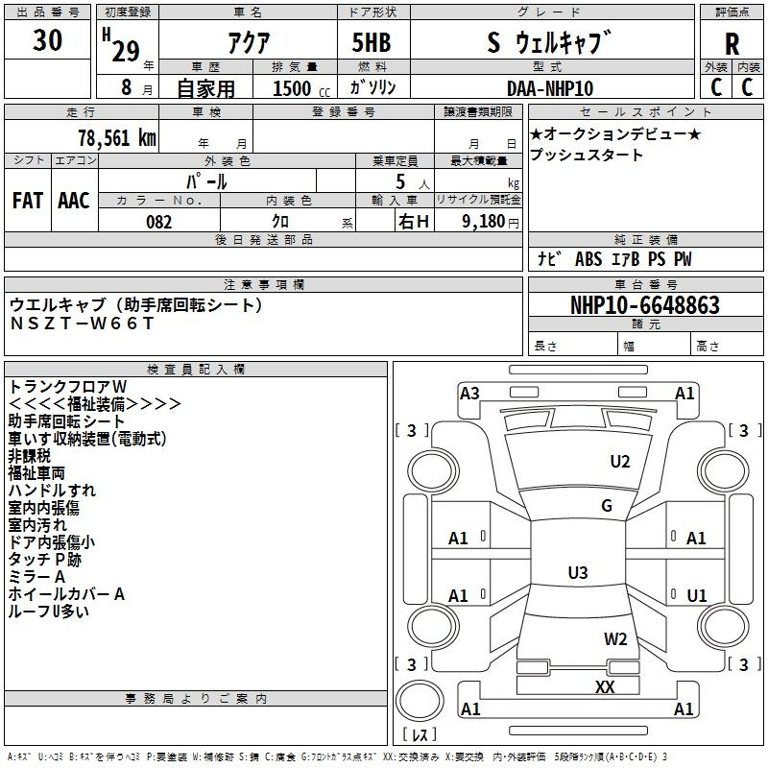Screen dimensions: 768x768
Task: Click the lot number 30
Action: coord(47,39)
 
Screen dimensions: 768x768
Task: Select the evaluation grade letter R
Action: coord(732,44)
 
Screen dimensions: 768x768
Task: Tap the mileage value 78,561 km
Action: coord(117,138)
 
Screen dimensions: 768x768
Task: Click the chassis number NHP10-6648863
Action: coord(645,305)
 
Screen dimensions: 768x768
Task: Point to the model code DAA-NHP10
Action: coord(550,88)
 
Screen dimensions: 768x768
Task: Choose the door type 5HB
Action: coord(372,42)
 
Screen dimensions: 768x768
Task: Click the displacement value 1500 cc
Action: coord(301,88)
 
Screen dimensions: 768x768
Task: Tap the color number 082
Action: coord(159,222)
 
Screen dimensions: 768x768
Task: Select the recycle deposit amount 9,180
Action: coord(484,222)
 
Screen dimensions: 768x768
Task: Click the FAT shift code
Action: coord(28,201)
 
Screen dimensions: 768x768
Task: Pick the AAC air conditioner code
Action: coord(74,201)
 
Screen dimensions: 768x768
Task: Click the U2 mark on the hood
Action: coord(620,462)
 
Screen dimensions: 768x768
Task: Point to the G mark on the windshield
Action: coord(607,506)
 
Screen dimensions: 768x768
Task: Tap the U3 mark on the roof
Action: coord(578,572)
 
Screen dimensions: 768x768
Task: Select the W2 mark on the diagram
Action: coord(615,639)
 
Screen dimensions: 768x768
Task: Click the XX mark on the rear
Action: coord(605,686)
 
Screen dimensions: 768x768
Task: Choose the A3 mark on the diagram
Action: coord(469,394)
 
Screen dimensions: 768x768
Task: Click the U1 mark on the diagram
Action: coord(697,595)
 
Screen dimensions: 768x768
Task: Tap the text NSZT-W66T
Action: coord(82,324)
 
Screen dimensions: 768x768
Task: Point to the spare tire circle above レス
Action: coord(420,701)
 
